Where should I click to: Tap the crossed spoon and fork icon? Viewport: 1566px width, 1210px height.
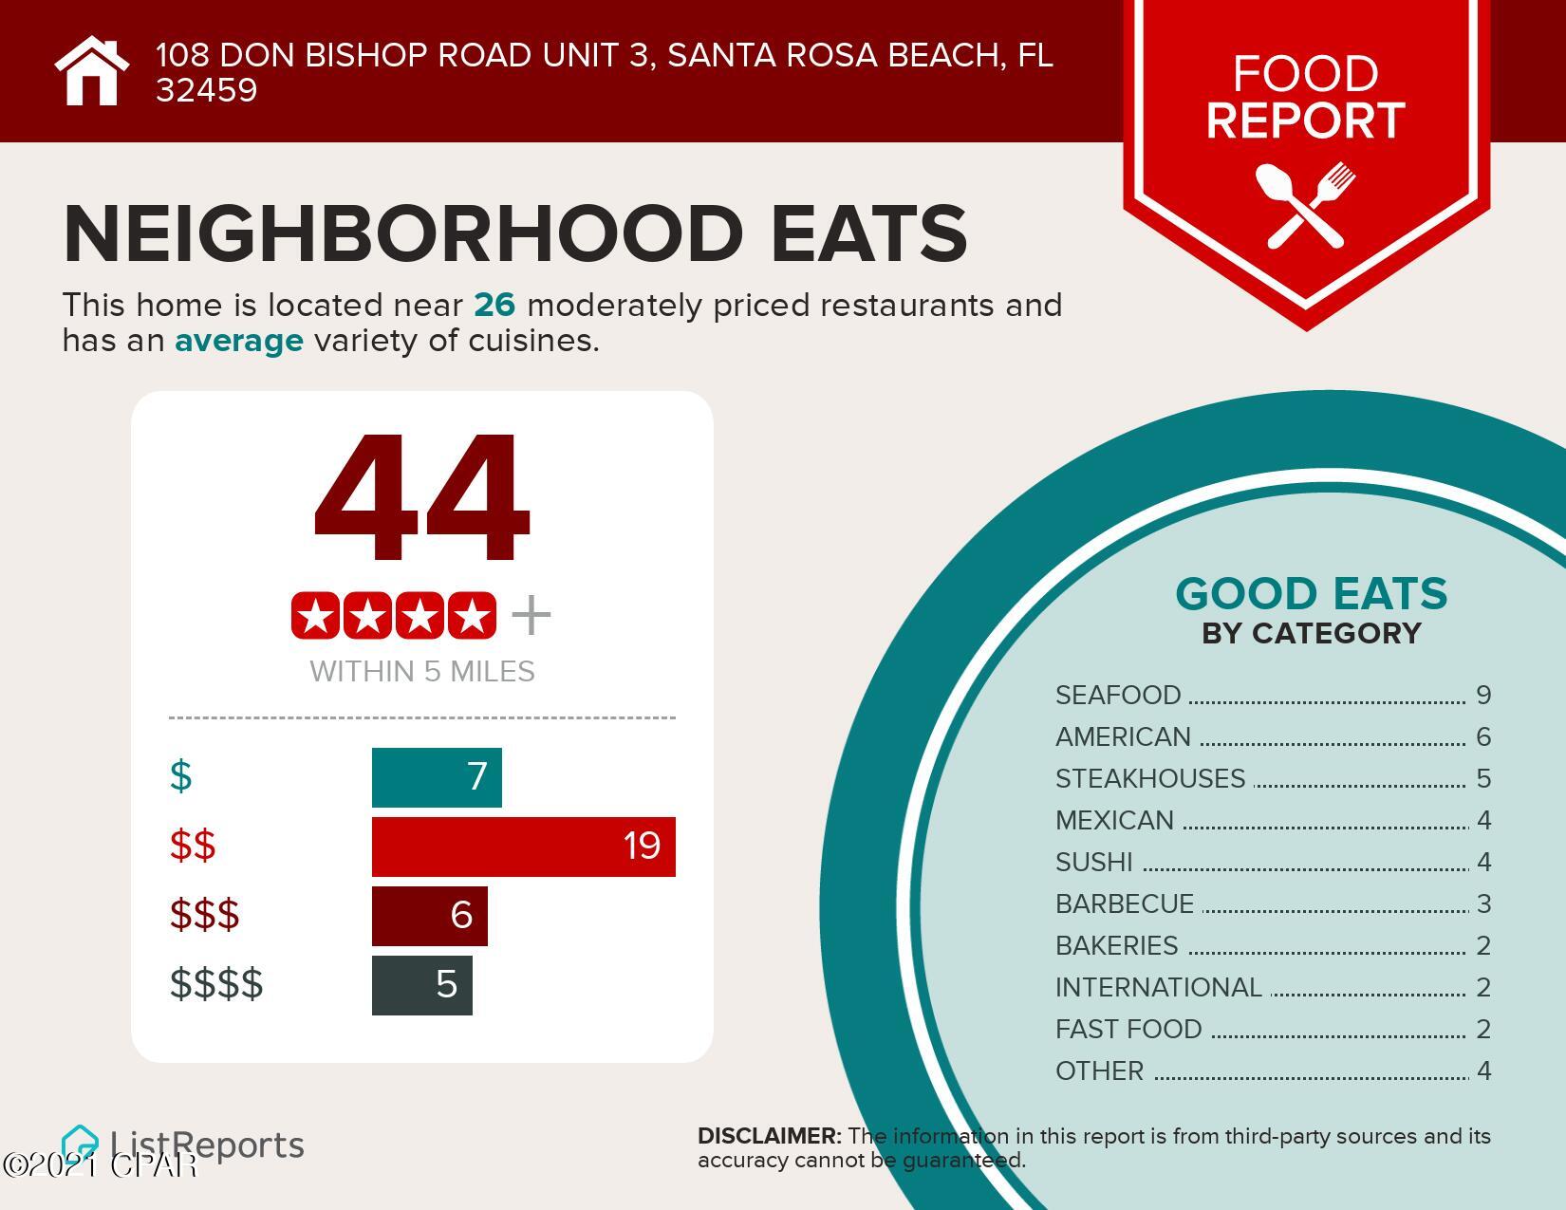pos(1306,205)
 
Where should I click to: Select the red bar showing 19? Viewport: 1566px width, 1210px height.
pos(523,846)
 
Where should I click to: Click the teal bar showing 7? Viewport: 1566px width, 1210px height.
pos(436,777)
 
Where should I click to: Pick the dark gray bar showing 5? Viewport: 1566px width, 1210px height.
pos(421,985)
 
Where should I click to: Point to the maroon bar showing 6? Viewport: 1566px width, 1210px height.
pos(429,916)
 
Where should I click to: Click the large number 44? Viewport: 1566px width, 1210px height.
pos(421,499)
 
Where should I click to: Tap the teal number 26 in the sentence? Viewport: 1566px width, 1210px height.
pos(494,306)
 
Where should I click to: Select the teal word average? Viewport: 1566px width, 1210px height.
pos(239,341)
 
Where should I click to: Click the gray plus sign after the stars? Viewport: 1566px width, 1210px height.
pos(531,616)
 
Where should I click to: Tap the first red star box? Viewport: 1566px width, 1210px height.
pos(316,616)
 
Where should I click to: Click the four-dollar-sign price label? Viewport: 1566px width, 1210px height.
pos(216,984)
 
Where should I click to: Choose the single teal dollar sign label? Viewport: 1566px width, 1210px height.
pos(180,776)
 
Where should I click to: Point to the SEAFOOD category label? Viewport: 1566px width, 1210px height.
pos(1118,696)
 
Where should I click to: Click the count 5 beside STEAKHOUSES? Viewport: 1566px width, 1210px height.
pos(1483,779)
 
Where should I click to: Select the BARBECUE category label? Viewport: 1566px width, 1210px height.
pos(1125,904)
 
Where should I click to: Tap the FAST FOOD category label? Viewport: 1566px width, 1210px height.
pos(1128,1030)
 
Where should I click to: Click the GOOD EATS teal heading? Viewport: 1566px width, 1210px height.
pos(1311,594)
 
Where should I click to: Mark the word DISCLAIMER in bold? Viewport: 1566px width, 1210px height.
pos(769,1136)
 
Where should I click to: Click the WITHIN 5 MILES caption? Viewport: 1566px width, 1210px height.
pos(422,672)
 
